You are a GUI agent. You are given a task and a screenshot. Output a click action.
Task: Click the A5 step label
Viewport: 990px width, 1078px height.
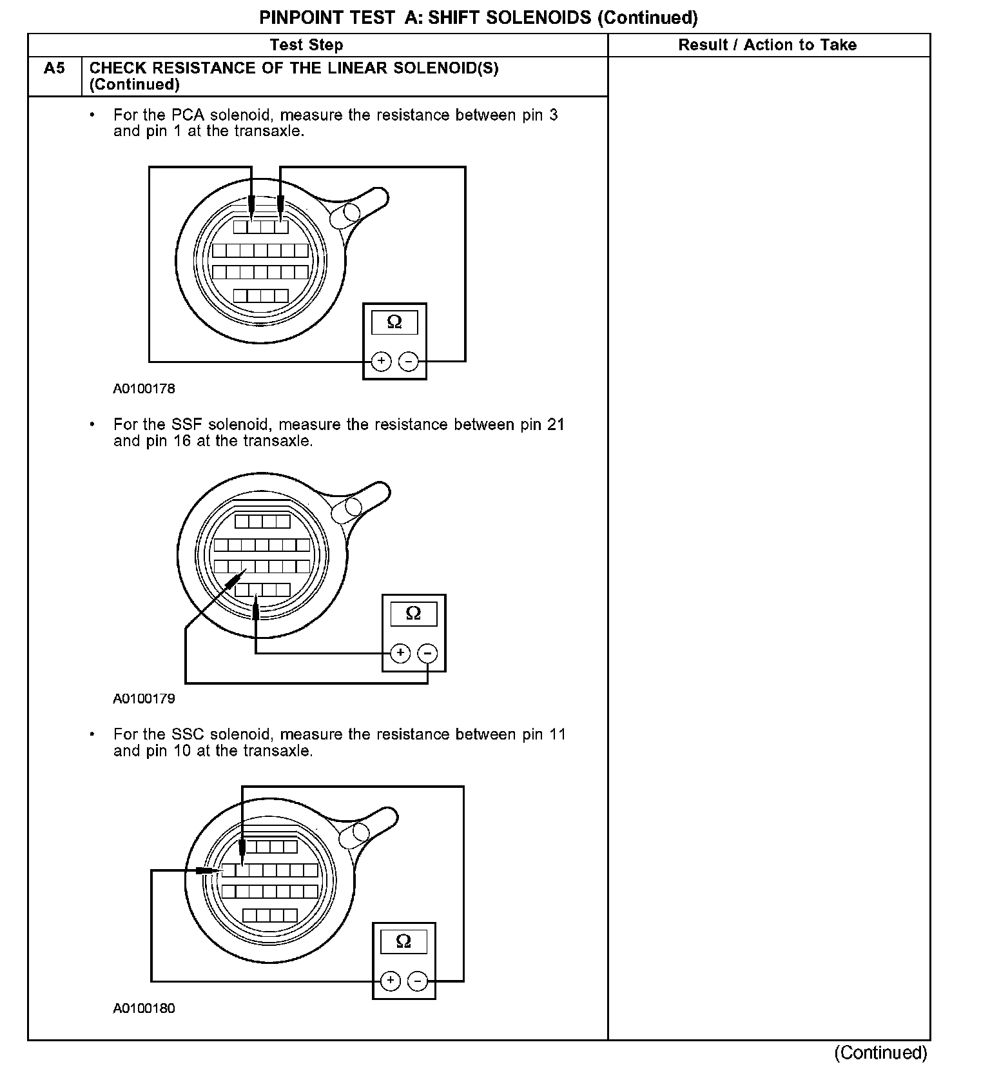point(54,68)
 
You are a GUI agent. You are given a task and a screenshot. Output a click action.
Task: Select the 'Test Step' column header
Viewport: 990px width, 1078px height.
point(306,45)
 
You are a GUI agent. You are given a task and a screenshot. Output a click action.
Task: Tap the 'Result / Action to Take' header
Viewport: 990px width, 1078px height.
point(767,45)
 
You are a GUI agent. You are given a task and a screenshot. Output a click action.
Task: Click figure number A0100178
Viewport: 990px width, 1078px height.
point(144,389)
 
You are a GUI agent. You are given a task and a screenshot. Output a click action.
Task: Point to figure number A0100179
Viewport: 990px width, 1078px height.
point(144,698)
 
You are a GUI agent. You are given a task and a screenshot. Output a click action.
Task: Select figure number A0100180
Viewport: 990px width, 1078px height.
point(144,1008)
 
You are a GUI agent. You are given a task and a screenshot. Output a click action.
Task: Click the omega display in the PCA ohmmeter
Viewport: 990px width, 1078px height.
point(394,322)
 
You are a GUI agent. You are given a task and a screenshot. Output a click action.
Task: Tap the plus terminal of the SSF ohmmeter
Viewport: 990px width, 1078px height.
point(400,653)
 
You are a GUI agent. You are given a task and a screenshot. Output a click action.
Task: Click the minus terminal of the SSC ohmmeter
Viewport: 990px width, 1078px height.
point(418,981)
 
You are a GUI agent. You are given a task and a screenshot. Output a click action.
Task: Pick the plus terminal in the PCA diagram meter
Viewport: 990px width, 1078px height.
point(381,361)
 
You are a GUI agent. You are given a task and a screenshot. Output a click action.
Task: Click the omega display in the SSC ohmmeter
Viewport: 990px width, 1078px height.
point(403,941)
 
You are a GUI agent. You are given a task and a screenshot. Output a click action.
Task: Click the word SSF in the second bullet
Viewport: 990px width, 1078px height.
point(188,425)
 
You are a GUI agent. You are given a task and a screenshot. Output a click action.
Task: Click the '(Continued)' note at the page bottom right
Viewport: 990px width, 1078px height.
point(880,1053)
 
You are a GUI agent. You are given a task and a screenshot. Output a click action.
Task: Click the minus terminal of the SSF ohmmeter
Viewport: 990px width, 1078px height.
point(427,653)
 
